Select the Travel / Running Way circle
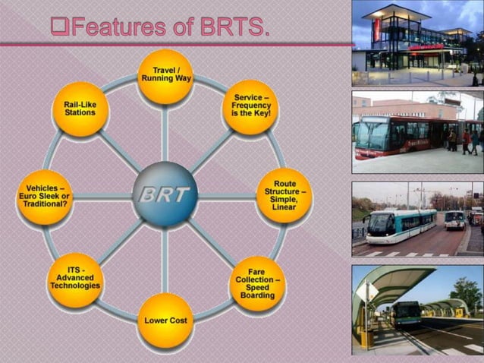[x=165, y=76]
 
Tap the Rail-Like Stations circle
[x=80, y=109]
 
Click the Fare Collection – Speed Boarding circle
[x=256, y=283]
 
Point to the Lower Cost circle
[x=165, y=320]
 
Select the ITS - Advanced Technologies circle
[x=74, y=281]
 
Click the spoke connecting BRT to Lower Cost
[x=165, y=258]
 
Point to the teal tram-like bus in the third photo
[x=402, y=224]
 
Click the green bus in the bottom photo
[x=407, y=314]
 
